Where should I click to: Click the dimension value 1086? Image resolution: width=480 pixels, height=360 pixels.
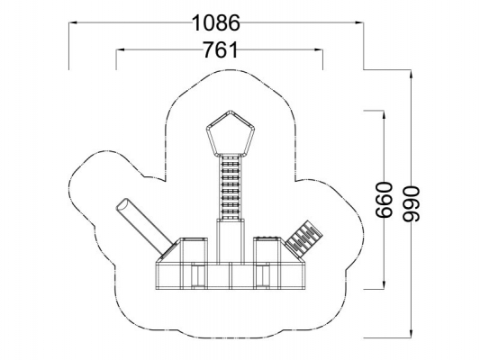click(216, 22)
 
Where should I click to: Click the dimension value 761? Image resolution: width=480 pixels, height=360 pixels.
click(220, 49)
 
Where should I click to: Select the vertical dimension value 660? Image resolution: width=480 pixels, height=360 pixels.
click(384, 200)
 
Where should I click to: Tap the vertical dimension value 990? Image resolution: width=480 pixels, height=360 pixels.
click(411, 203)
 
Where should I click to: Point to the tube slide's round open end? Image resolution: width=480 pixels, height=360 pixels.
click(122, 204)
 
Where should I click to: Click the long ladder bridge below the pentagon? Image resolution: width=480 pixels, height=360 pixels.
click(231, 187)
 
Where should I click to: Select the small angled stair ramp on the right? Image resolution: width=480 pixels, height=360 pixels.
click(304, 238)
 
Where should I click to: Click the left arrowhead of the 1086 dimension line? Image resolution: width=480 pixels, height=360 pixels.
click(73, 22)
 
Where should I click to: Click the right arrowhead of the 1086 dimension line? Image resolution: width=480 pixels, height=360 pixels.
click(359, 22)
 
